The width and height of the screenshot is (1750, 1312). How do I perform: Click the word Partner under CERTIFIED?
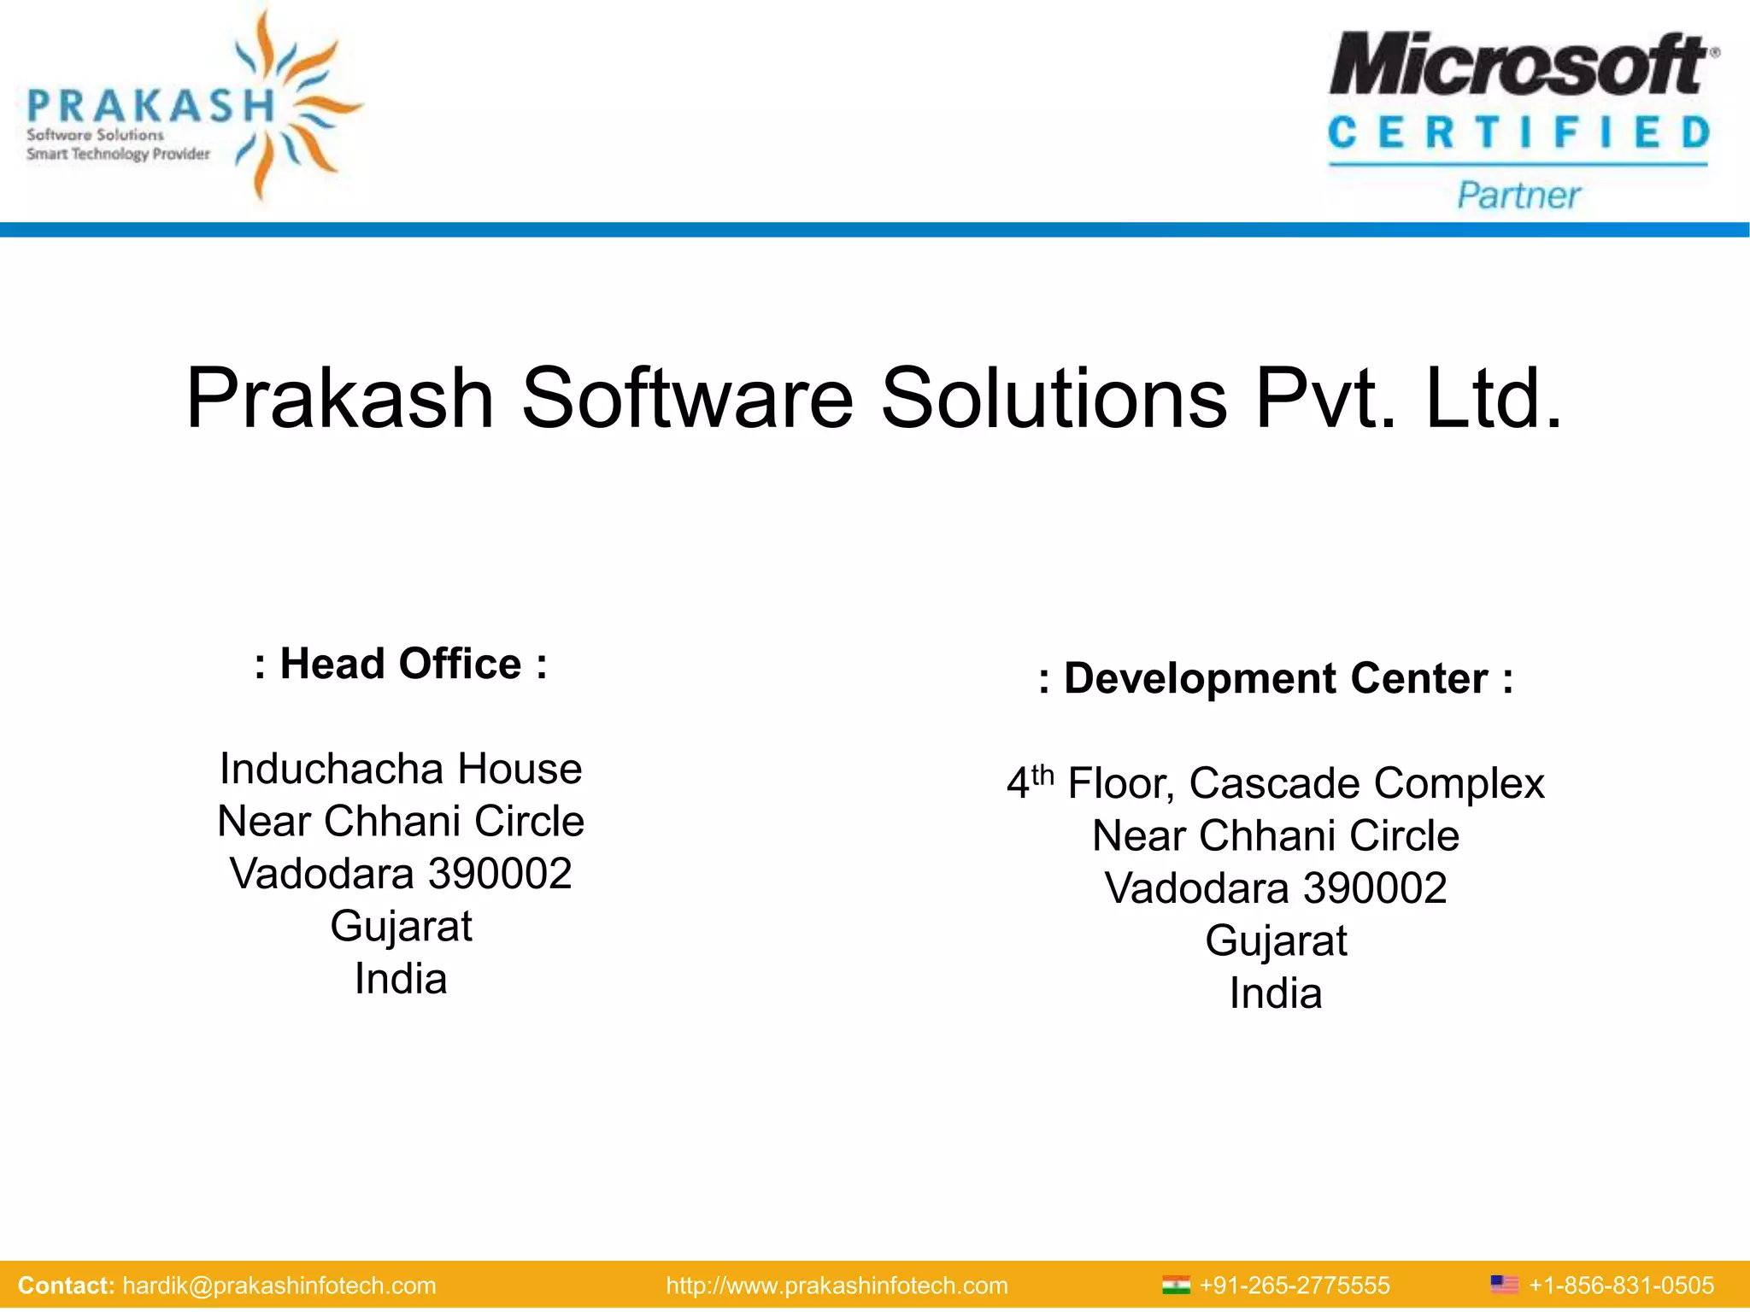[1518, 196]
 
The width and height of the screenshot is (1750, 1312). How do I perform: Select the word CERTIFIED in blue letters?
[1518, 133]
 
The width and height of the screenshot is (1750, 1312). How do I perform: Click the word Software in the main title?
[687, 398]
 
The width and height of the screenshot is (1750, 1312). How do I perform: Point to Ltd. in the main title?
[1494, 398]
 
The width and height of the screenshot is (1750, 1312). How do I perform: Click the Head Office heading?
[401, 664]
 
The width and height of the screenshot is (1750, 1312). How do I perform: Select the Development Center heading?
[1276, 678]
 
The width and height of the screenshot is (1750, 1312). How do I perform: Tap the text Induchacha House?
[401, 769]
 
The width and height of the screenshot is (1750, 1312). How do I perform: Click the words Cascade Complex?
[1366, 783]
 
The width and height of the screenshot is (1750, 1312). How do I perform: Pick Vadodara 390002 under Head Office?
[401, 874]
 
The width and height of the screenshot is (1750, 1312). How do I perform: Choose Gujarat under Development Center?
[1276, 941]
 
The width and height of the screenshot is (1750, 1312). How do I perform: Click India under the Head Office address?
[401, 979]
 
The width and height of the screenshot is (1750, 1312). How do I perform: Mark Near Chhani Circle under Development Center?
[1276, 835]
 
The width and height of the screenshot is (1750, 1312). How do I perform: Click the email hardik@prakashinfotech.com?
[279, 1286]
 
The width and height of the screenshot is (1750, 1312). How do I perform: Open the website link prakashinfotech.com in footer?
[837, 1286]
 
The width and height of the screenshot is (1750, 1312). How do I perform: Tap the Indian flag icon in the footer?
[1176, 1285]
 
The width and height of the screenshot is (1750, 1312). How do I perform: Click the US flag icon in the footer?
[1504, 1285]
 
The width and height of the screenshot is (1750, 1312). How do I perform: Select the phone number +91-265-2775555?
[1295, 1286]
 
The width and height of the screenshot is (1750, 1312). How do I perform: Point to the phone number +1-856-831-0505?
[1621, 1286]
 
